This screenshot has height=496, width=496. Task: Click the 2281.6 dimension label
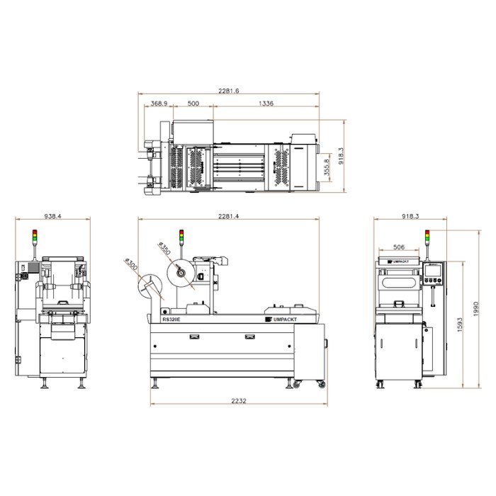[228, 91]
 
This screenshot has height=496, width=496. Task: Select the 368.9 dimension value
[159, 103]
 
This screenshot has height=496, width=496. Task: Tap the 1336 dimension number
[266, 103]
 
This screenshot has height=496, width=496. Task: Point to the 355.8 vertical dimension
[327, 167]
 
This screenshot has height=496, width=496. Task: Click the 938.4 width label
[53, 216]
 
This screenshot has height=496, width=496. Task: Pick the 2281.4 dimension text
[228, 216]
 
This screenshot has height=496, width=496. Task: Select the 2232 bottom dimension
[239, 401]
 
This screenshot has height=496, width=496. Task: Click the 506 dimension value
[398, 247]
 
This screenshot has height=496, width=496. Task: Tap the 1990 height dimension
[476, 309]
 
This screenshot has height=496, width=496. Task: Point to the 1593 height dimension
[460, 325]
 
